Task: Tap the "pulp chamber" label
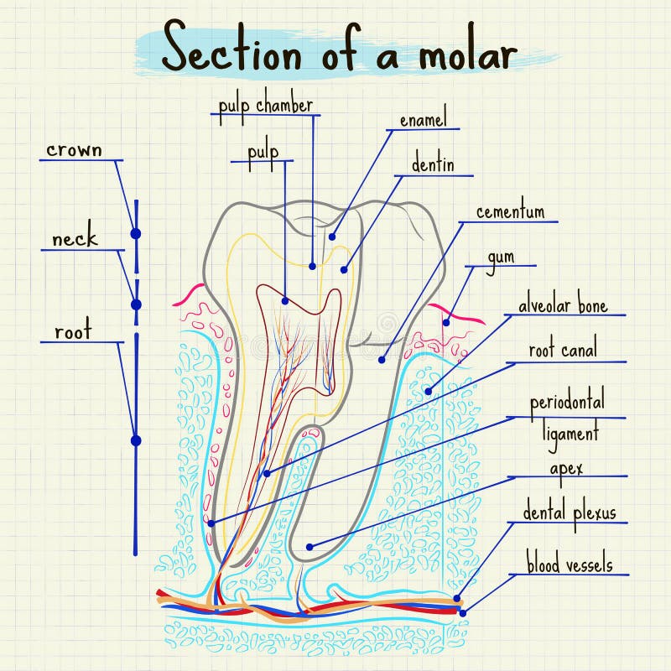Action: point(266,107)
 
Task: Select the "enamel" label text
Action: point(423,120)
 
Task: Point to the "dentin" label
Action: point(433,164)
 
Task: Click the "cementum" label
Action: point(510,212)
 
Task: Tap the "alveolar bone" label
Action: point(563,305)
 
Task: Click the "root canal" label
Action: point(563,351)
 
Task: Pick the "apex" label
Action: point(566,468)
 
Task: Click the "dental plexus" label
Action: point(570,512)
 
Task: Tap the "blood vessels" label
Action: point(570,564)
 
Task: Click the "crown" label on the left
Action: point(74,150)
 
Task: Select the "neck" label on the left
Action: point(75,240)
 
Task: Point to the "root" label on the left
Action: point(73,332)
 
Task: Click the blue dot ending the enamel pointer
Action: point(332,237)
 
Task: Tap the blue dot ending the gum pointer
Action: point(446,321)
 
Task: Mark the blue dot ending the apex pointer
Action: point(309,546)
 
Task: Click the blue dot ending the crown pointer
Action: point(135,232)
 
